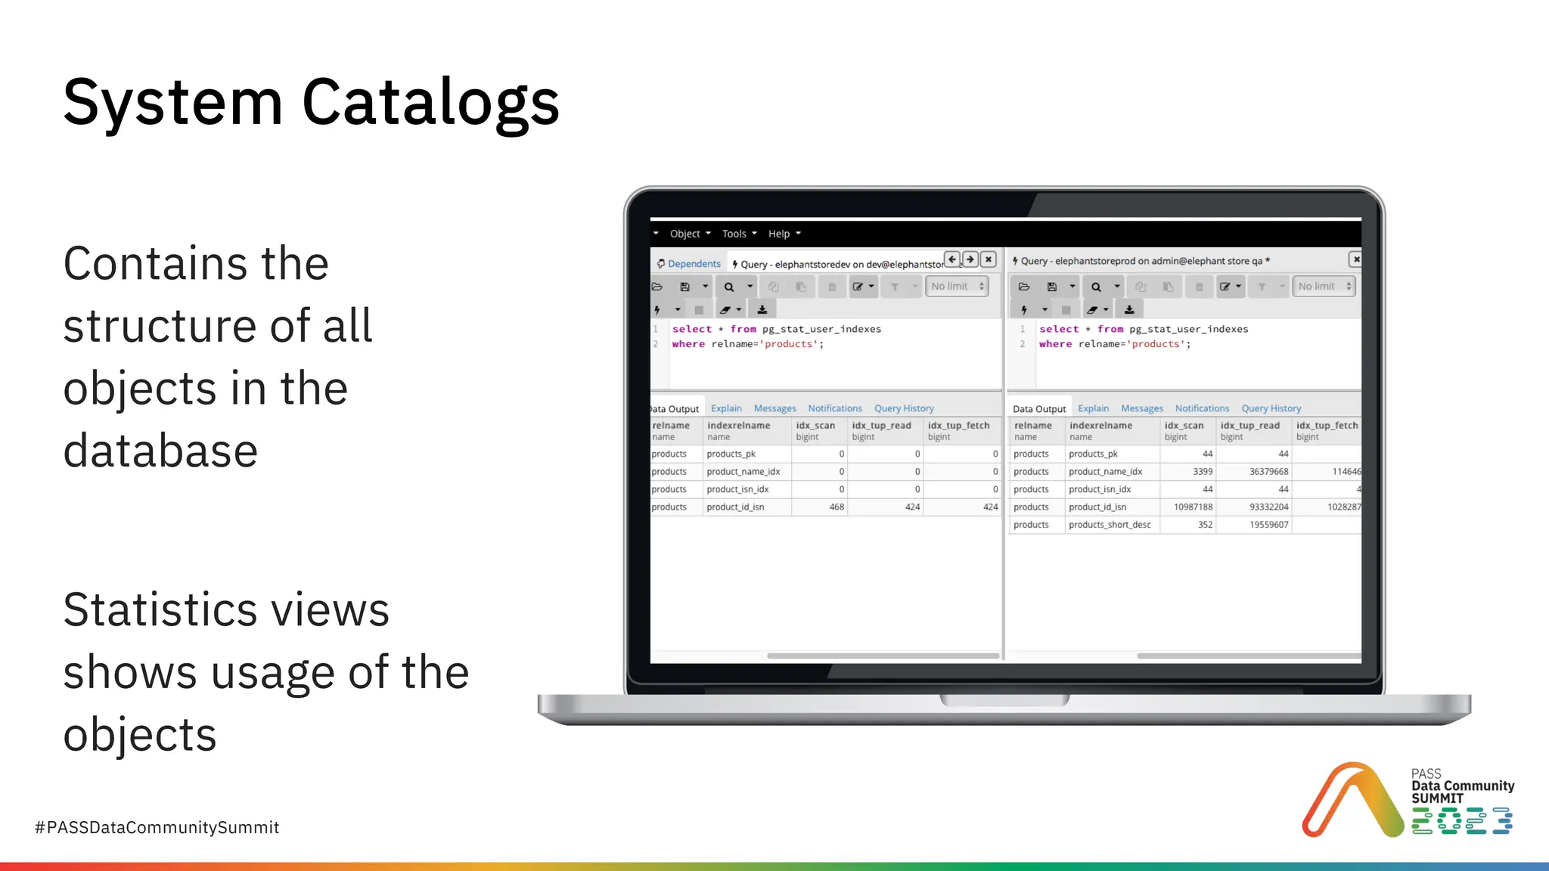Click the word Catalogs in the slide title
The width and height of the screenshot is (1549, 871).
430,103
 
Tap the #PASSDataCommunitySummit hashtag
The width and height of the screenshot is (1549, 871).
157,827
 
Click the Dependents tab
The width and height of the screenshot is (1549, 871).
689,264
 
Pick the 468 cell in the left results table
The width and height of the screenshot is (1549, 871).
836,507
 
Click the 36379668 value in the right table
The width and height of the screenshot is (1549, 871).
1268,472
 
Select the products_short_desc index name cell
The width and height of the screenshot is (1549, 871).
1110,525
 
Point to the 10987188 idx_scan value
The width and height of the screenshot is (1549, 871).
1193,507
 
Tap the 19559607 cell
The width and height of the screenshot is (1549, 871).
1268,525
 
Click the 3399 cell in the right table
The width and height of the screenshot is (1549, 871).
1203,472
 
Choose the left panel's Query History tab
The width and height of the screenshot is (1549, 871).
904,408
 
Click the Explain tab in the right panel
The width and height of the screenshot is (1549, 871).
1093,408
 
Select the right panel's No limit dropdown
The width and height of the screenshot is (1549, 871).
1324,287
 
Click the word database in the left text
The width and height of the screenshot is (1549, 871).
160,451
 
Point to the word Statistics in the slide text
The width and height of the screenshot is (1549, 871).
157,609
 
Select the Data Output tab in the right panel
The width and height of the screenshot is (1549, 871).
1038,409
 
